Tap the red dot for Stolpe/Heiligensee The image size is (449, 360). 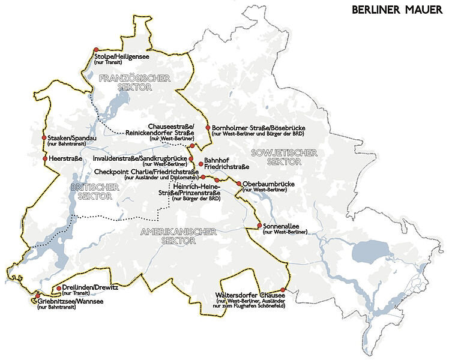pyautogui.click(x=95, y=50)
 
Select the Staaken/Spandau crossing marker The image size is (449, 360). pyautogui.click(x=44, y=138)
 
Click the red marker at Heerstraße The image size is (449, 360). pyautogui.click(x=44, y=158)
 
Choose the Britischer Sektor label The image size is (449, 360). pyautogui.click(x=95, y=192)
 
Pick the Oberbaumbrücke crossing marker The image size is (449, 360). pyautogui.click(x=238, y=184)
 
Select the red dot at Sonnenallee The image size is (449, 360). pyautogui.click(x=259, y=226)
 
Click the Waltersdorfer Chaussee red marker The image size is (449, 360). pyautogui.click(x=283, y=289)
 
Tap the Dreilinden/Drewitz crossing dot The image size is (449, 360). pyautogui.click(x=58, y=289)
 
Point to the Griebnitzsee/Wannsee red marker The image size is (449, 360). pyautogui.click(x=38, y=296)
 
